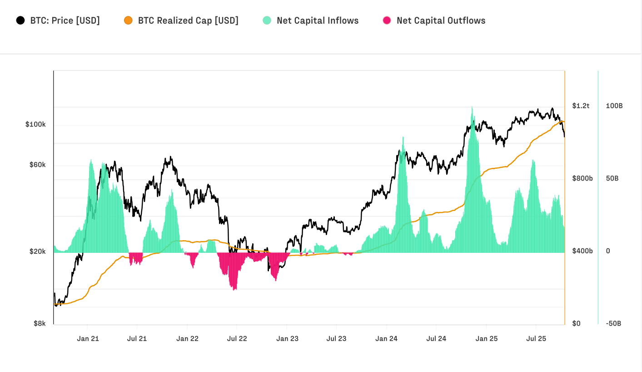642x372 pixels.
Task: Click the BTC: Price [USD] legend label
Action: coord(65,20)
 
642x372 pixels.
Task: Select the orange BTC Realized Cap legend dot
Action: coord(128,20)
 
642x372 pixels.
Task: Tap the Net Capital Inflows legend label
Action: coord(318,20)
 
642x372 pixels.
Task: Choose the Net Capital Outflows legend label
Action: coord(441,20)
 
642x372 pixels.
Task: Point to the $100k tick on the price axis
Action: coord(35,125)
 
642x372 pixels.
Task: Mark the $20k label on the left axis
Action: coord(37,251)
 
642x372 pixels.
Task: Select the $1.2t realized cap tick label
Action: coord(581,106)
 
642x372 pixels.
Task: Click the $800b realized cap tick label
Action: coord(582,179)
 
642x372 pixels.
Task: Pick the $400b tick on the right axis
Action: coord(582,251)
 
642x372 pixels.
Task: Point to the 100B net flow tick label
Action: coord(614,106)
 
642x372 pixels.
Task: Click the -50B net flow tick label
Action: coord(613,324)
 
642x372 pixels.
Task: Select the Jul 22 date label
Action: coord(237,339)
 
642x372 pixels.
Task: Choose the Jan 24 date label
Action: coord(387,339)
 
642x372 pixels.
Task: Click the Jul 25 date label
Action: coord(536,339)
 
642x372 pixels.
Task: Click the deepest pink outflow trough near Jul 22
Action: coord(234,288)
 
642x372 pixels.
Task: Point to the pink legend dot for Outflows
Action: coord(387,20)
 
